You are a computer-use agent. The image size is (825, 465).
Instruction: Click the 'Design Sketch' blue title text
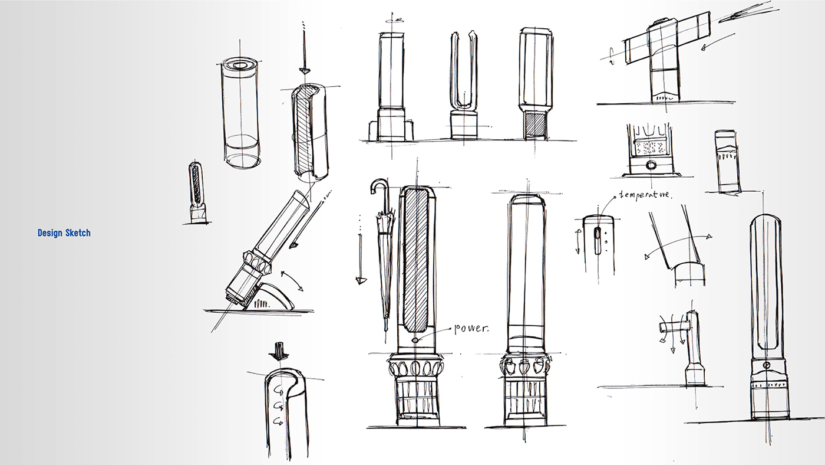pyautogui.click(x=64, y=233)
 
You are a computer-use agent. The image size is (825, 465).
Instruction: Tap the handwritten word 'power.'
pyautogui.click(x=471, y=329)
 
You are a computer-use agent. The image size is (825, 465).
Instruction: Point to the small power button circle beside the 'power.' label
pyautogui.click(x=415, y=340)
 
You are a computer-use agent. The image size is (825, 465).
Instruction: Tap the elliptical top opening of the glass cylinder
pyautogui.click(x=242, y=66)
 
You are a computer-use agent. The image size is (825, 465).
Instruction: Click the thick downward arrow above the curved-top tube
pyautogui.click(x=278, y=352)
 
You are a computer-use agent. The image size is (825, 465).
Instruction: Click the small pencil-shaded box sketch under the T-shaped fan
pyautogui.click(x=727, y=161)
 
